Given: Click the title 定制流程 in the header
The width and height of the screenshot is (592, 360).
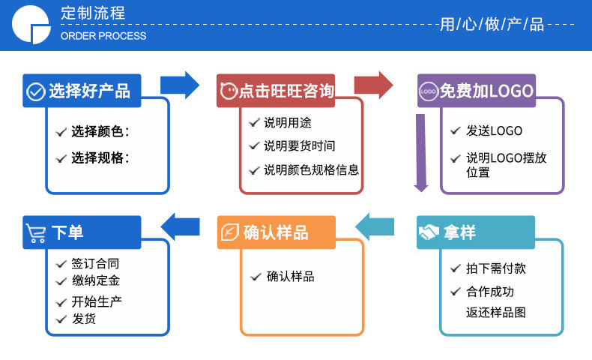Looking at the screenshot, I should pyautogui.click(x=93, y=13).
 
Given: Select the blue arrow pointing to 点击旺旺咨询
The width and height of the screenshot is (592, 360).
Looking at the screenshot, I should pyautogui.click(x=181, y=85).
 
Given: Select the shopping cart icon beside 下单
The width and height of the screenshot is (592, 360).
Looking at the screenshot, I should pyautogui.click(x=36, y=232).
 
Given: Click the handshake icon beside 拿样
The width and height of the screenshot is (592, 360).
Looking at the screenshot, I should pyautogui.click(x=429, y=232).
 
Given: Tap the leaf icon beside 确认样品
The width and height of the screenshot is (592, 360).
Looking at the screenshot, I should pyautogui.click(x=229, y=232).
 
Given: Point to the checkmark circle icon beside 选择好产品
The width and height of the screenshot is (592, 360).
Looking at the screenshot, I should pyautogui.click(x=35, y=91).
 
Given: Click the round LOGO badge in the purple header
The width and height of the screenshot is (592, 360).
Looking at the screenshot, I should pyautogui.click(x=429, y=91).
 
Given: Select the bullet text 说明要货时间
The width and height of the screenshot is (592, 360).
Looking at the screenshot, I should pyautogui.click(x=299, y=145).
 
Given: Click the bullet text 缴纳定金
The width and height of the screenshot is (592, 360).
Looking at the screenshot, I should pyautogui.click(x=95, y=280).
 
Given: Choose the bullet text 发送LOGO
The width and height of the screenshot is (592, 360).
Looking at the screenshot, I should pyautogui.click(x=494, y=130).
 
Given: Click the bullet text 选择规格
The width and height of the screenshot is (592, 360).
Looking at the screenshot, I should pyautogui.click(x=100, y=157).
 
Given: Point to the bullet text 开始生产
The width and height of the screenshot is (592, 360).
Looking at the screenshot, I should pyautogui.click(x=97, y=301).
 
